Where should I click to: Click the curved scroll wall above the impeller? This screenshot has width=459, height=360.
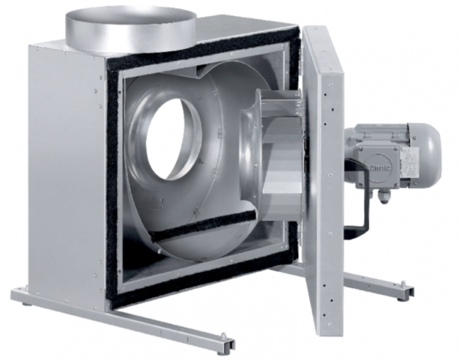[229, 80]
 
